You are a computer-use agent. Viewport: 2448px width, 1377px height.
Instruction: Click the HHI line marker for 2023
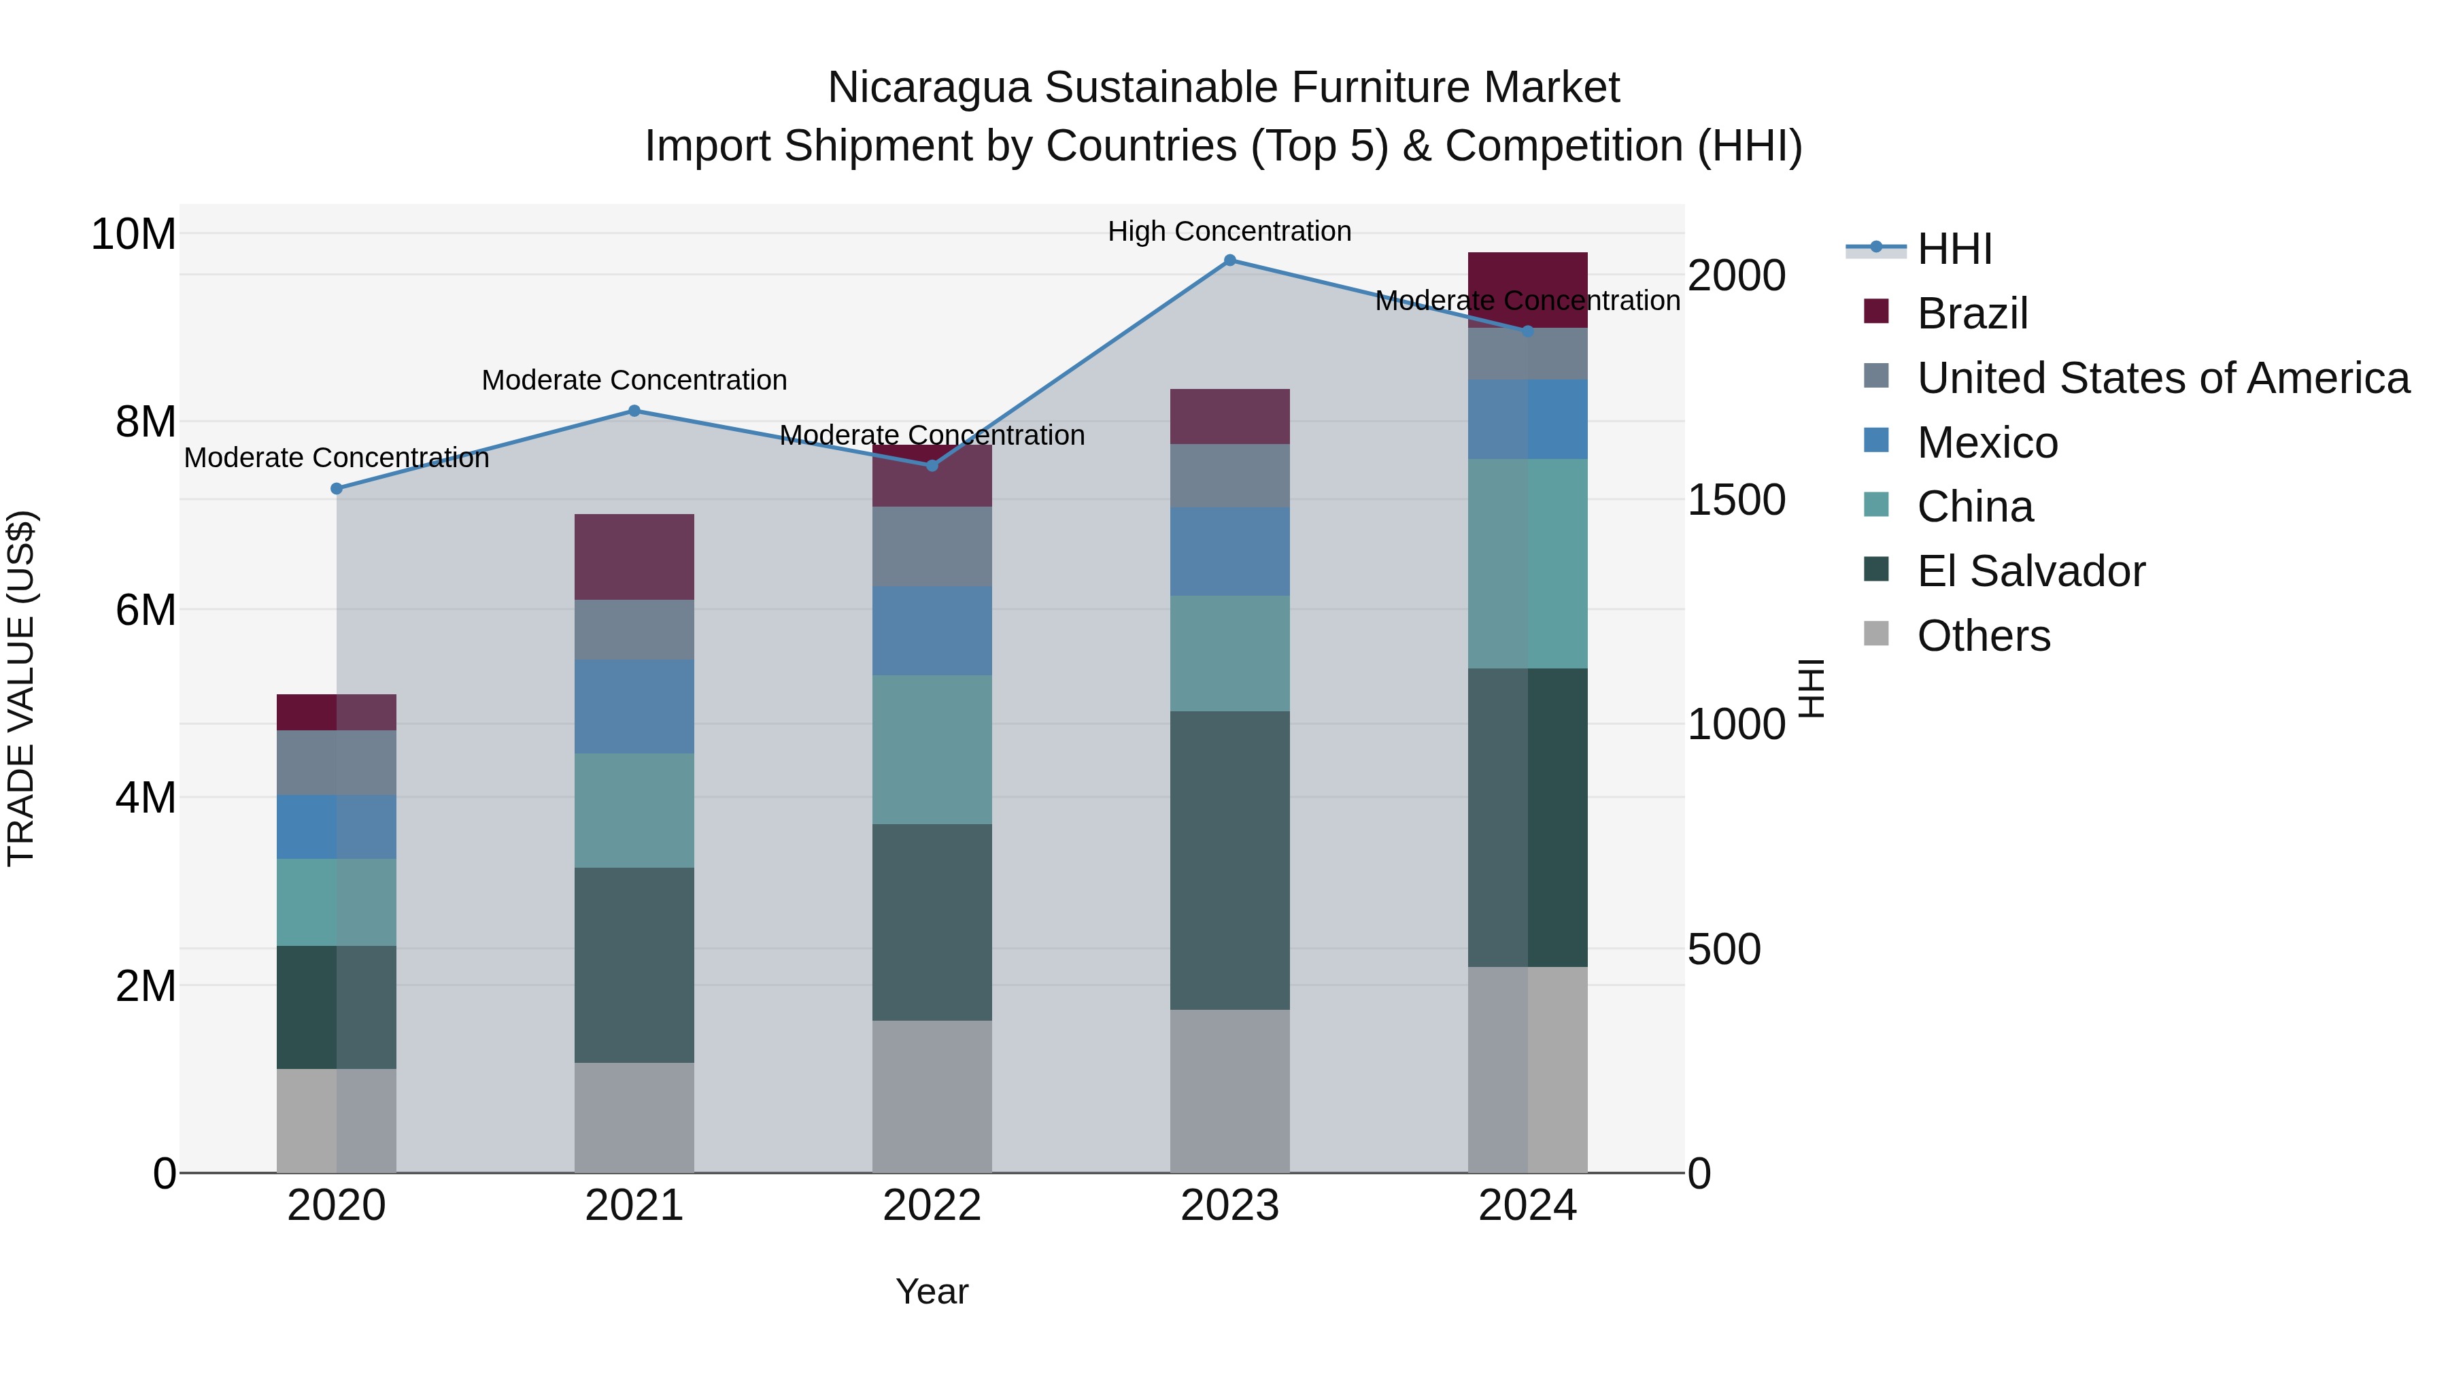1229,260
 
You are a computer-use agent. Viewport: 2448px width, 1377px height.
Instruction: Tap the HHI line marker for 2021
635,411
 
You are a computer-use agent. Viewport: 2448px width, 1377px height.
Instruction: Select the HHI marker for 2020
337,488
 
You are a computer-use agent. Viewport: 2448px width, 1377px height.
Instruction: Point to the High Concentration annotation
1229,231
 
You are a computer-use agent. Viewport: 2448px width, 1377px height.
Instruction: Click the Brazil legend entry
1972,313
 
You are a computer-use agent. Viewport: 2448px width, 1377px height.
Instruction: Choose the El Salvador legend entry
2030,571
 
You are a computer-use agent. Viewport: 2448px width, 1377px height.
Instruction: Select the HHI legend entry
1954,249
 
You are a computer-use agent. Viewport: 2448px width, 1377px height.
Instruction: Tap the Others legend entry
1984,636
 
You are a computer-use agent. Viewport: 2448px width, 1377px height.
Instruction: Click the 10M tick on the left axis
133,234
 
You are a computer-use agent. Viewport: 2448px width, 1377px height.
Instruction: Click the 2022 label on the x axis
932,1206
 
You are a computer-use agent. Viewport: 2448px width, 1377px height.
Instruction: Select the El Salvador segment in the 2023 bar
1229,860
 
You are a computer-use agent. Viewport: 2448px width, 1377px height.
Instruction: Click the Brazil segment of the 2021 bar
635,557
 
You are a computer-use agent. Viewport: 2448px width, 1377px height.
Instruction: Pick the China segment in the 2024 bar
1527,564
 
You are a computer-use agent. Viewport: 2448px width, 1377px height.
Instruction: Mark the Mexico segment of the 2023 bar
1229,551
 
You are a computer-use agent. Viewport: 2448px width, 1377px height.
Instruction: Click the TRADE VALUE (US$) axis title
21,688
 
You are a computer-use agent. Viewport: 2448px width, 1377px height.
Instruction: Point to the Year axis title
932,1291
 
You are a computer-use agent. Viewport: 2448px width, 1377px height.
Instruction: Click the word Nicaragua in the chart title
928,88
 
